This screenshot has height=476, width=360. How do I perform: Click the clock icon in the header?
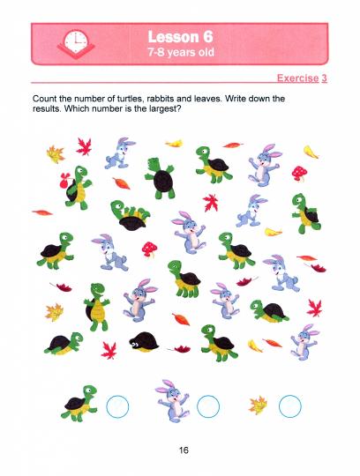[76, 43]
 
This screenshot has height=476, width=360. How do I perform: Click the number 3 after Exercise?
[324, 78]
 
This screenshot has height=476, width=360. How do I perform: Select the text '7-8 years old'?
[181, 52]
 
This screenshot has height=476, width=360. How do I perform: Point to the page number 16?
[184, 450]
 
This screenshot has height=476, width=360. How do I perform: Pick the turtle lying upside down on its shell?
[131, 215]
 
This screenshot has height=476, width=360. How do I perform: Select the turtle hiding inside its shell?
[144, 342]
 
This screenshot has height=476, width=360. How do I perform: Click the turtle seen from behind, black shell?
[161, 178]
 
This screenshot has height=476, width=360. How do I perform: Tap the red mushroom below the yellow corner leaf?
[299, 174]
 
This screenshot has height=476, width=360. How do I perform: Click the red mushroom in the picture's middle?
[149, 249]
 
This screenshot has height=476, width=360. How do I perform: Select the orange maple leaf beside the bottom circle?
[258, 405]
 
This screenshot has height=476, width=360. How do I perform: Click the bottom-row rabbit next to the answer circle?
[173, 401]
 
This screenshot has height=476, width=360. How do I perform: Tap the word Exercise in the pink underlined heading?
[297, 78]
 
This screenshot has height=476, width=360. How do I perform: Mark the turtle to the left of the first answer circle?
[79, 404]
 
